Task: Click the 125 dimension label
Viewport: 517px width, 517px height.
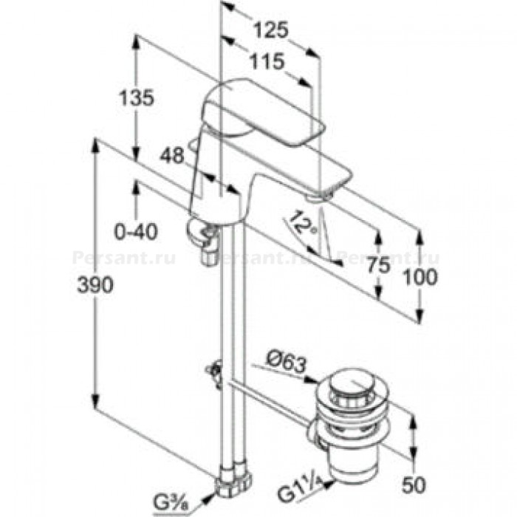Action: pyautogui.click(x=271, y=30)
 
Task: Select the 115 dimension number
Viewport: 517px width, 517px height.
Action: pyautogui.click(x=267, y=61)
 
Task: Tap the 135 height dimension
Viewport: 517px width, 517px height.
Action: pyautogui.click(x=136, y=97)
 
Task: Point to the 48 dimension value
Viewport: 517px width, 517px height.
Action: pyautogui.click(x=172, y=155)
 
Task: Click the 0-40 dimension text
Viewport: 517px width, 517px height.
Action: pyautogui.click(x=136, y=232)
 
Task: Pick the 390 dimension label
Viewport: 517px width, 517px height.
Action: pyautogui.click(x=95, y=284)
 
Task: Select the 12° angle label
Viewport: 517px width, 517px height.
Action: pyautogui.click(x=301, y=222)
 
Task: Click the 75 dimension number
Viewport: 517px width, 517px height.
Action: pyautogui.click(x=378, y=264)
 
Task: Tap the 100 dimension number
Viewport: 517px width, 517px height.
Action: pyautogui.click(x=420, y=277)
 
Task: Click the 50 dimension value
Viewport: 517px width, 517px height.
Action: pyautogui.click(x=414, y=485)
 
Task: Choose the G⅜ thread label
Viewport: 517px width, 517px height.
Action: pyautogui.click(x=171, y=502)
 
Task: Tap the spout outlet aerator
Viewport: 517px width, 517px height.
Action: pyautogui.click(x=318, y=197)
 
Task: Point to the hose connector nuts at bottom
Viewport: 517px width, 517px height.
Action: pyautogui.click(x=233, y=480)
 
